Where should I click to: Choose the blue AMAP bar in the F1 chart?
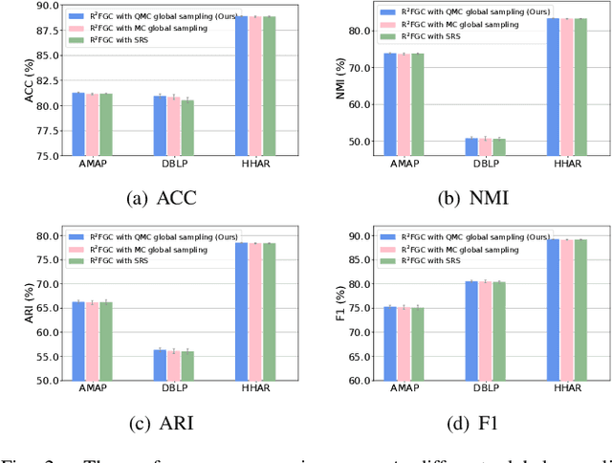(x=389, y=343)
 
